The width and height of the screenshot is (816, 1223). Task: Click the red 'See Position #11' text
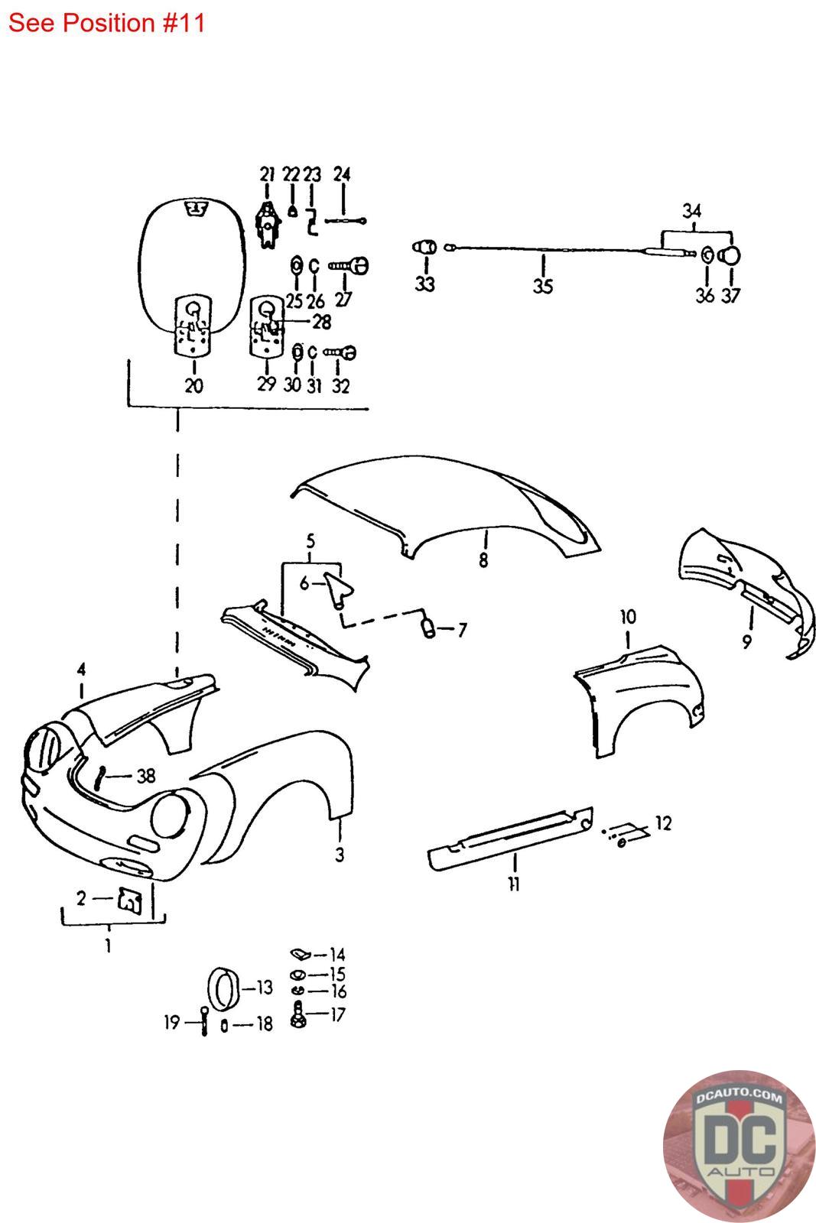click(x=106, y=23)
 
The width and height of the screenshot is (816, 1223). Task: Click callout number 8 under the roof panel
click(x=483, y=560)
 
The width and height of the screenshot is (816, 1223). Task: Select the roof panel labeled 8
click(x=446, y=507)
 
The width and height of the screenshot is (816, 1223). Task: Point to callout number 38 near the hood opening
click(x=146, y=776)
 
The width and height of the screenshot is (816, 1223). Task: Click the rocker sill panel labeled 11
click(x=511, y=838)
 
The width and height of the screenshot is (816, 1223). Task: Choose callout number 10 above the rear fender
click(x=628, y=617)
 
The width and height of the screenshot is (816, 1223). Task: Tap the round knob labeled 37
click(x=730, y=255)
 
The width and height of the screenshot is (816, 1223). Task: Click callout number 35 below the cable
click(x=543, y=286)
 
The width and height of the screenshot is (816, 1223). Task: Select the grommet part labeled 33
click(x=425, y=248)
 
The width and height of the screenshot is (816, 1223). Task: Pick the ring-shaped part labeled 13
click(x=223, y=989)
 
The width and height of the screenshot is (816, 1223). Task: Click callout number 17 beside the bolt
click(x=337, y=1014)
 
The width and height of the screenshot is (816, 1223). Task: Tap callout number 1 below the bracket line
click(x=108, y=945)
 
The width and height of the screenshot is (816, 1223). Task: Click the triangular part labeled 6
click(x=339, y=589)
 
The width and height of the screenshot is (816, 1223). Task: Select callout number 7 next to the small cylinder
click(x=463, y=630)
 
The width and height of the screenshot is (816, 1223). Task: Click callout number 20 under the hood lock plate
click(x=194, y=385)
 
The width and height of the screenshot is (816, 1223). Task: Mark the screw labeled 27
click(x=349, y=266)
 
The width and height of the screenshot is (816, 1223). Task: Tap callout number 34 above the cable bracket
click(x=691, y=211)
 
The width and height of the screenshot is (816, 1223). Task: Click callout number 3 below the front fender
click(x=340, y=855)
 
